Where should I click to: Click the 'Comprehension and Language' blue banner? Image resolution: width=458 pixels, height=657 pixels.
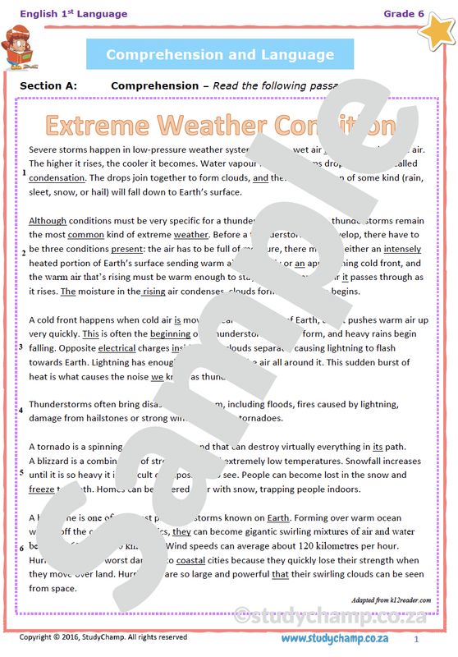click(220, 55)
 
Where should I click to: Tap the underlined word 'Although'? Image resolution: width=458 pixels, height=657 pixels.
click(48, 221)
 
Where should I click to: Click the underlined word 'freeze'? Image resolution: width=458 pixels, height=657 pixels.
click(42, 489)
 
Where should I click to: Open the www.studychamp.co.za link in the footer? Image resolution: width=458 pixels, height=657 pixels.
click(334, 638)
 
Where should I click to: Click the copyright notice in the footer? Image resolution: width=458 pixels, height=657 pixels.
click(103, 637)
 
